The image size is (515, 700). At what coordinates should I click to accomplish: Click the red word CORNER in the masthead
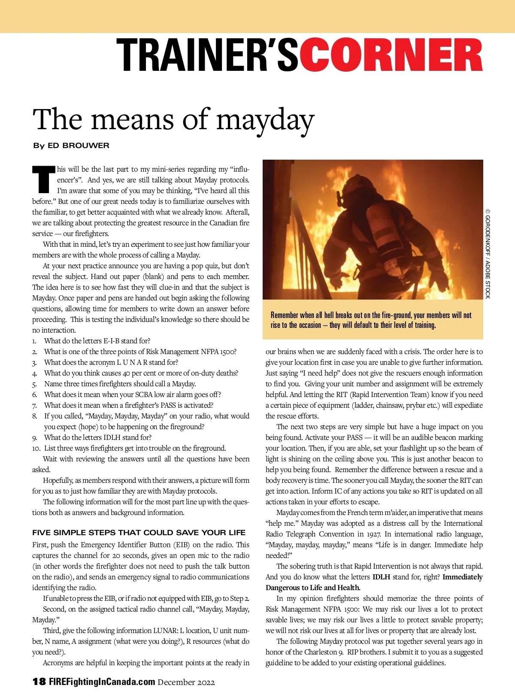point(391,55)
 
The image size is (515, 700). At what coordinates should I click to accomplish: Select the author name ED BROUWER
point(79,145)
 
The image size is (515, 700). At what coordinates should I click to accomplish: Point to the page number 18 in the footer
point(39,682)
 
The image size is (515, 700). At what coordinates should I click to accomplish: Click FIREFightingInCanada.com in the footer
point(102,682)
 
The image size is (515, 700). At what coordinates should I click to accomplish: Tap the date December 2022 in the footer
point(186,682)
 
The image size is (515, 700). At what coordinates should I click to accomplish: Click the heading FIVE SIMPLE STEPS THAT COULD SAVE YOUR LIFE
point(139,533)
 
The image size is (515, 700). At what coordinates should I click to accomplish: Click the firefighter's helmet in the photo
point(352,186)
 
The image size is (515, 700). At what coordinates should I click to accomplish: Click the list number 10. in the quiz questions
point(36,448)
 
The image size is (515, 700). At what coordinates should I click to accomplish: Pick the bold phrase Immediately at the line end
point(463,577)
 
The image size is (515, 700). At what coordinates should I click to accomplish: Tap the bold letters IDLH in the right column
point(381,577)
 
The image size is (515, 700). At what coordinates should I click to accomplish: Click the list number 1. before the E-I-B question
point(34,341)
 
